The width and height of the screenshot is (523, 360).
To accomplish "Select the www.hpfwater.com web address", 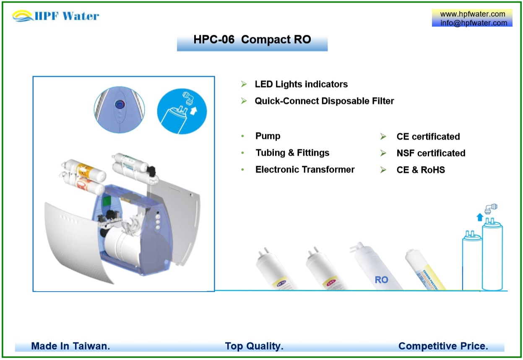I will pos(472,14).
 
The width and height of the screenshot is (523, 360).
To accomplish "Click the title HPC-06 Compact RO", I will pos(252,40).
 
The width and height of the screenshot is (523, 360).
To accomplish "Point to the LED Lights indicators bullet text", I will pos(301,84).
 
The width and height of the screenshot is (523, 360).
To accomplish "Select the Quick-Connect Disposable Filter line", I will pos(324,101).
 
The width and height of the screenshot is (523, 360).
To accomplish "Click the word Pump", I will pos(268,136).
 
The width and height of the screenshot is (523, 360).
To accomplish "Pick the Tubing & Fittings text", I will pos(292,153).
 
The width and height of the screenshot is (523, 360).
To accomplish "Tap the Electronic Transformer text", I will pos(305,170).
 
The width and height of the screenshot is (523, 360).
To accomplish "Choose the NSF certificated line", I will pos(431,154).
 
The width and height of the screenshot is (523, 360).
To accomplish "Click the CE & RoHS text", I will pos(421,170).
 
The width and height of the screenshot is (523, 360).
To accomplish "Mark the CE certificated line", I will pos(428,137).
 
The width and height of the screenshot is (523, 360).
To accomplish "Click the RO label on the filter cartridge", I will pos(381,280).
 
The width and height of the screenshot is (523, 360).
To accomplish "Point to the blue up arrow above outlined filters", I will pos(480,217).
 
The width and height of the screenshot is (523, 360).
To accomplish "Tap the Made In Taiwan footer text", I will pos(70,346).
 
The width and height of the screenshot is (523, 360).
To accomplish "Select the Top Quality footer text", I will pos(254,346).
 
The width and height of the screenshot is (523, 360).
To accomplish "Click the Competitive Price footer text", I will pos(443,346).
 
